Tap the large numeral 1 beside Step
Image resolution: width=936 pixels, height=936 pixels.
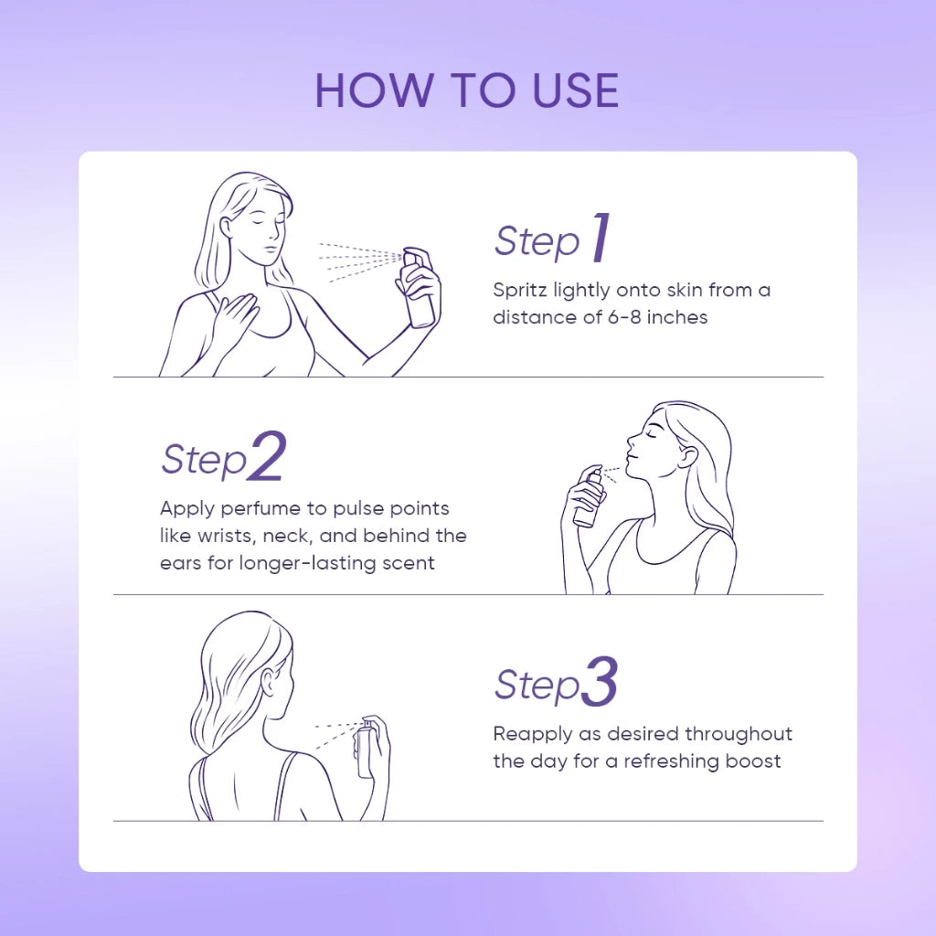[x=601, y=238]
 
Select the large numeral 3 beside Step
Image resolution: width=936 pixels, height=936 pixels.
[x=599, y=681]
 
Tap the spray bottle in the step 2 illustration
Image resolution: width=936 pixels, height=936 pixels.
[x=589, y=497]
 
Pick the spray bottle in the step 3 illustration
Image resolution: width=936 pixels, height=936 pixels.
[x=366, y=750]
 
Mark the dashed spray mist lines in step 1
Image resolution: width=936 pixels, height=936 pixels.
[x=360, y=261]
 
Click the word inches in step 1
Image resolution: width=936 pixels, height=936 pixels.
[x=677, y=317]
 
